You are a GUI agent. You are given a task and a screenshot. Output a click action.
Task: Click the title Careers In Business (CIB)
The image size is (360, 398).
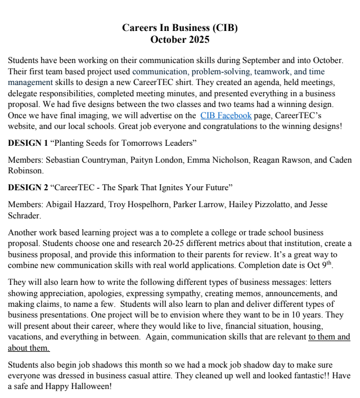click(x=180, y=28)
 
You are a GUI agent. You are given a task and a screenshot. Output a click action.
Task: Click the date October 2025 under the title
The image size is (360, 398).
click(x=180, y=39)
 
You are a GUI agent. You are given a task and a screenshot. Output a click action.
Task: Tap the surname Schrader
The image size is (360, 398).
click(x=25, y=214)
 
